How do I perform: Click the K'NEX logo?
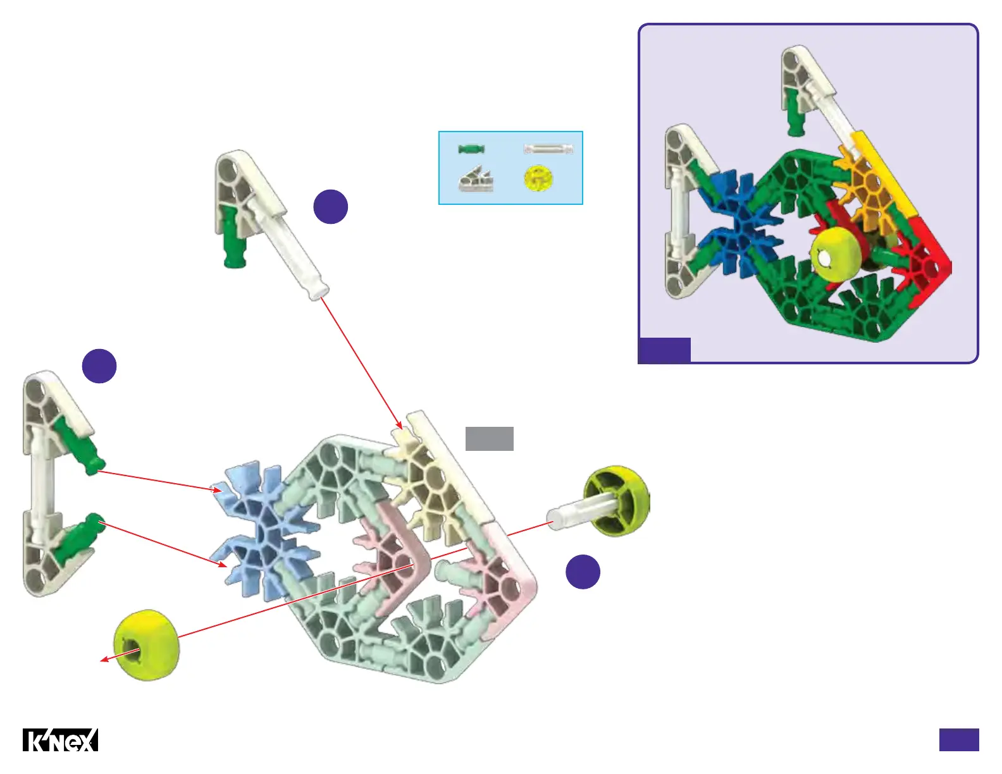click(x=61, y=740)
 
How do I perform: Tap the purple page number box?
click(x=958, y=739)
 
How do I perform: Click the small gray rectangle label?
click(x=489, y=439)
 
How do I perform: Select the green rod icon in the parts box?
click(x=471, y=149)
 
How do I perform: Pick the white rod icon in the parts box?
click(x=548, y=149)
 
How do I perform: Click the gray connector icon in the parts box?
click(x=476, y=180)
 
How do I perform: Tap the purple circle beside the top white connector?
click(x=331, y=206)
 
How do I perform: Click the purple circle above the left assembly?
click(x=99, y=365)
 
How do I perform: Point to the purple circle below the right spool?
click(x=583, y=572)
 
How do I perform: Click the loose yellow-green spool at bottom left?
click(x=147, y=645)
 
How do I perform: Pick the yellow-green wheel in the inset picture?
click(x=836, y=254)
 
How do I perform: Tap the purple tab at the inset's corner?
click(x=664, y=350)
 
